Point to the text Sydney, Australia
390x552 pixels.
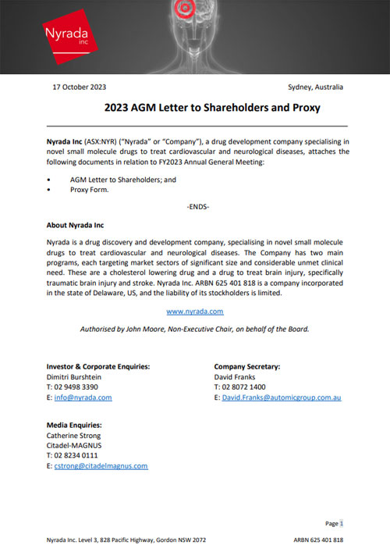[x=315, y=87]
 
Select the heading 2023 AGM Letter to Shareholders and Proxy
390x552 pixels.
[x=212, y=107]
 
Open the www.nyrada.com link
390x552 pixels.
[x=195, y=311]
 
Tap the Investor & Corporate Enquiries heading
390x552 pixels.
[x=98, y=366]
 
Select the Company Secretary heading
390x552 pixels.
[x=246, y=366]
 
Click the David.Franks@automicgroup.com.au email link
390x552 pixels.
[x=282, y=397]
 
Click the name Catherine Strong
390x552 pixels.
[x=73, y=435]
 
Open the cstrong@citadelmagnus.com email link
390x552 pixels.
[x=101, y=465]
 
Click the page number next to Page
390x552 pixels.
[x=341, y=523]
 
